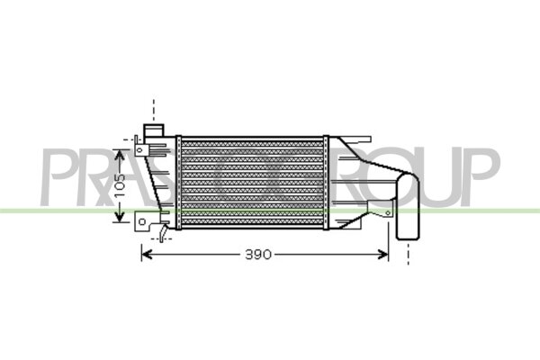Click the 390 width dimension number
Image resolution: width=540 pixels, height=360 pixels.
tap(257, 255)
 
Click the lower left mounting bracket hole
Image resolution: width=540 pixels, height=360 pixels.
tap(140, 220)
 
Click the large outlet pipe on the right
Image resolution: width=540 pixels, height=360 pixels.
tap(408, 207)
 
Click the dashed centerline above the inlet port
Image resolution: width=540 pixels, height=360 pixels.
tap(154, 108)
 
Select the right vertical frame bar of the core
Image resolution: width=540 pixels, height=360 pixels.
tap(326, 180)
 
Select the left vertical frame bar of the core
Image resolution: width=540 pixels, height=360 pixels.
tap(177, 180)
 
